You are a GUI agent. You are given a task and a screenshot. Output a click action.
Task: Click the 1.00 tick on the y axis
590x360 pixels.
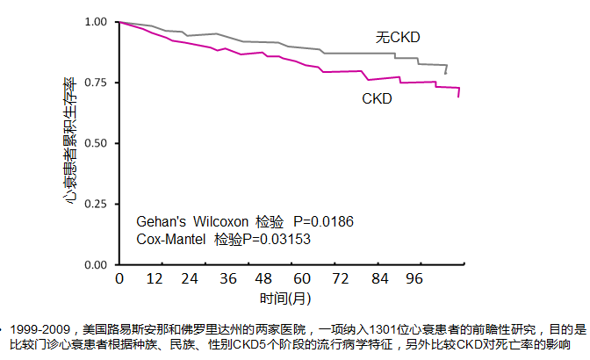[93, 21]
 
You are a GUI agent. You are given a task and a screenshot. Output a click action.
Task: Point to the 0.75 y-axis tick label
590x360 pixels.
[93, 82]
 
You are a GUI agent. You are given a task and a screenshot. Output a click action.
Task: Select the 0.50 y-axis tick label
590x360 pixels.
[93, 142]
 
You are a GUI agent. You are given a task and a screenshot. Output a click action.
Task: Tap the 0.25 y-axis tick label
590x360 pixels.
[93, 203]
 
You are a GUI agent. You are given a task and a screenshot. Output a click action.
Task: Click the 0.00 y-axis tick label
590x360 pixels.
[93, 263]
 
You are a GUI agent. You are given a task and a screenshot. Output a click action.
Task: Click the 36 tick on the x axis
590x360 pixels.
[228, 280]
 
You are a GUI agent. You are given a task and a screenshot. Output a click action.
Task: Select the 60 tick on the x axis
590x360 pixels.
[301, 280]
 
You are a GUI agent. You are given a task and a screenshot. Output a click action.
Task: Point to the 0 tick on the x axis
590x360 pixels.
[119, 280]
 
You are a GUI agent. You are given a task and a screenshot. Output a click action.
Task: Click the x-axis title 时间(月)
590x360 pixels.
[287, 299]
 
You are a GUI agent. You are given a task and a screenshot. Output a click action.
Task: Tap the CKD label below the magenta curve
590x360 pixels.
[377, 99]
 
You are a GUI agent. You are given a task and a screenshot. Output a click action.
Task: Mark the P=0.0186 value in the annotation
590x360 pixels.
[323, 222]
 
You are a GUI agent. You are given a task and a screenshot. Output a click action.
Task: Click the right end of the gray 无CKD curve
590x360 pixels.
[446, 73]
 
